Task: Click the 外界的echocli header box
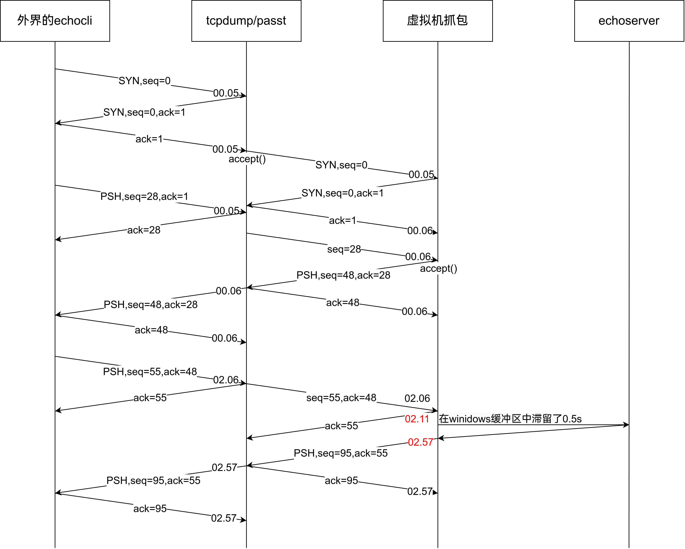click(x=55, y=21)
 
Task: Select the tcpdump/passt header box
click(x=246, y=21)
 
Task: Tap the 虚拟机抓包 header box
click(x=438, y=21)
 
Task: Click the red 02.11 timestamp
click(x=417, y=419)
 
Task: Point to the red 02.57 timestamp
click(x=420, y=442)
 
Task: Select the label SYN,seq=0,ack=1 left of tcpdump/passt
click(x=144, y=112)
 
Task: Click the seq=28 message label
click(x=344, y=249)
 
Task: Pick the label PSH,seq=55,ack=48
click(x=150, y=372)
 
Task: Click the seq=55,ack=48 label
click(x=341, y=398)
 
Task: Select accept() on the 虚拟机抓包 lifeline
click(x=438, y=269)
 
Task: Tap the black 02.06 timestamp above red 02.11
click(x=417, y=398)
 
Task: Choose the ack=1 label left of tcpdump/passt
click(x=149, y=139)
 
